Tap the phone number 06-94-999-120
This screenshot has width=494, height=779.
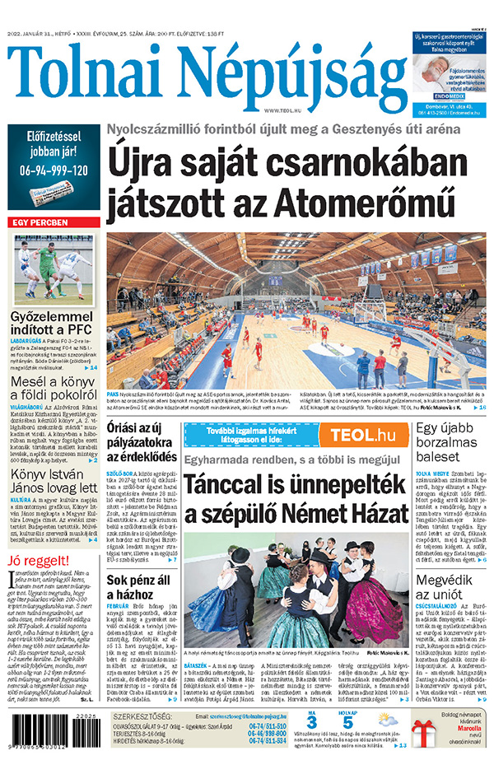(54, 170)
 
